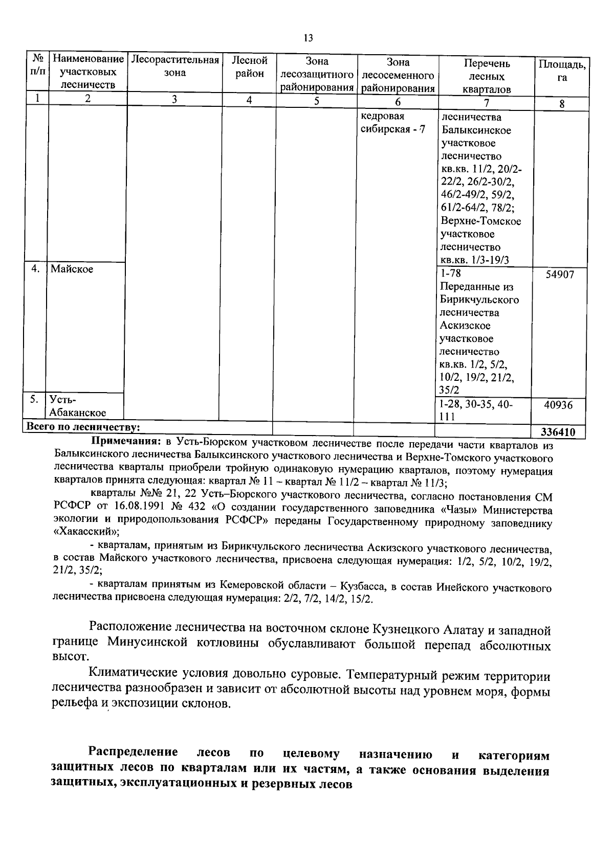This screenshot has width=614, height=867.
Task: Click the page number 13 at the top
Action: tap(308, 38)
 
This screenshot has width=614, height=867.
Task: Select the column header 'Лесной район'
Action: tap(249, 67)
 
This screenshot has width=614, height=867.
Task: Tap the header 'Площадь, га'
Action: tap(561, 71)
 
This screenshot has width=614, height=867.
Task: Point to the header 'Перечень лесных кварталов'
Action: tap(487, 76)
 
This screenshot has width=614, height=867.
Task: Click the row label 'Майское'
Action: tap(72, 269)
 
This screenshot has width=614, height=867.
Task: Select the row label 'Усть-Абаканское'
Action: tap(78, 406)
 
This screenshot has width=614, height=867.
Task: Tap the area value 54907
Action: tap(559, 275)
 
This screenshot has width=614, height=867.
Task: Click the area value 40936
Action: tap(558, 405)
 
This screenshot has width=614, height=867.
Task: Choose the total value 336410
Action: tap(558, 432)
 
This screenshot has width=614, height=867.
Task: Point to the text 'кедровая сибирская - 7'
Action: tap(392, 123)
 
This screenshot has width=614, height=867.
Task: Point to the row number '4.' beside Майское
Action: tap(35, 269)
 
